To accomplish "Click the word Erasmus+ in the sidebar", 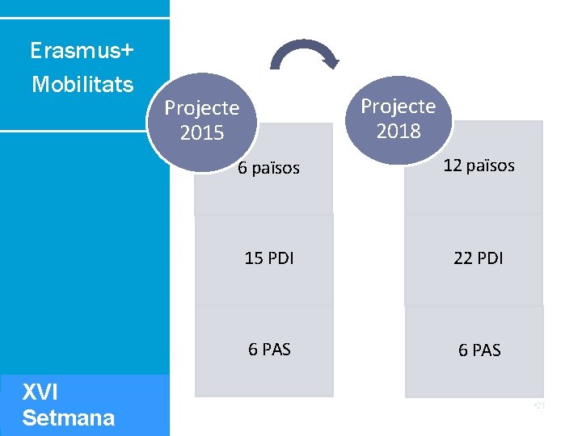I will click(x=82, y=52).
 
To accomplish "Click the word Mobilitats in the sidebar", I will click(x=82, y=84).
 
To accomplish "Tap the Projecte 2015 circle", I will click(x=202, y=119).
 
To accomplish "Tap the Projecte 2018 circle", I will click(x=399, y=118).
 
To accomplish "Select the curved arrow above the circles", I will click(x=305, y=56).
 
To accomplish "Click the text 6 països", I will click(x=268, y=168).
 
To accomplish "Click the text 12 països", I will click(x=479, y=166).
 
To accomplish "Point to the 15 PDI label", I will click(x=269, y=258).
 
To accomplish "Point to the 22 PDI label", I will click(x=479, y=258).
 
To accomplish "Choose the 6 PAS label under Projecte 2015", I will click(x=269, y=350).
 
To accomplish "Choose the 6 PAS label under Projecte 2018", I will click(x=479, y=350).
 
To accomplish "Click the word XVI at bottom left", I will click(x=40, y=392).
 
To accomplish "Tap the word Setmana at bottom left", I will click(x=68, y=418).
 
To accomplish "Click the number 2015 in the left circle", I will click(x=202, y=132).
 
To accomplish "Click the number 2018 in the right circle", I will click(x=399, y=131).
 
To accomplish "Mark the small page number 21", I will click(x=540, y=405).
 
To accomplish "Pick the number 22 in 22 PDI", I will click(x=463, y=258).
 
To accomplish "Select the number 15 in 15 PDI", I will click(x=254, y=258).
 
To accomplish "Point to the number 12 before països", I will click(x=452, y=166).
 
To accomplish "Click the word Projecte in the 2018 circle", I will click(x=399, y=106).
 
